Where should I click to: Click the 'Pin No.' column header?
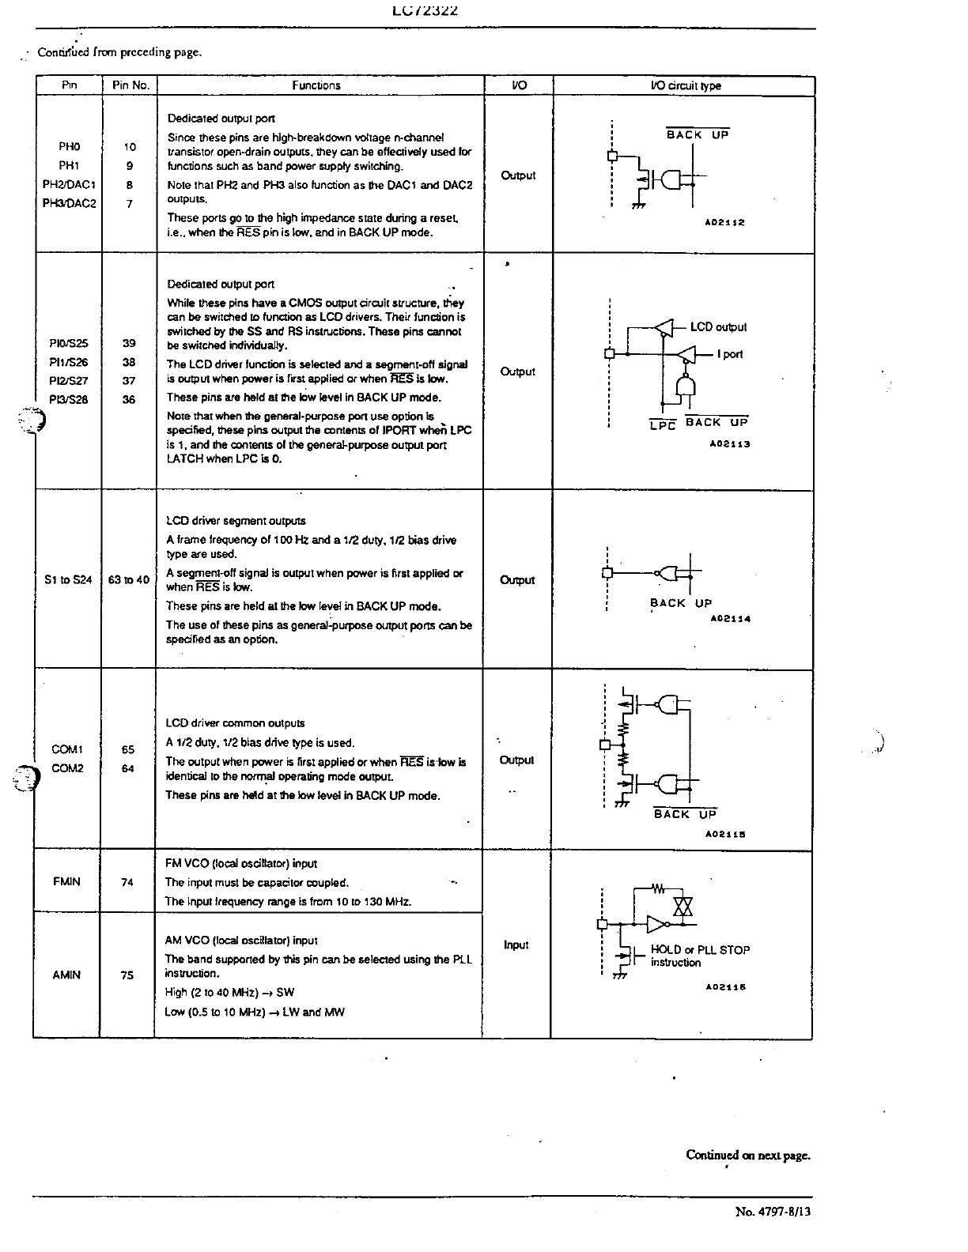click(130, 85)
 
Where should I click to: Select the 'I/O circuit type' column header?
click(685, 85)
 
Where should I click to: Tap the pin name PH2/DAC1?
click(69, 185)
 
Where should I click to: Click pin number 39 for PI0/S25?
click(129, 343)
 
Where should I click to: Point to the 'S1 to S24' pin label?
click(68, 579)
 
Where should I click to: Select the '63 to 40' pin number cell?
click(128, 579)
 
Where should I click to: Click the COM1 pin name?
click(67, 749)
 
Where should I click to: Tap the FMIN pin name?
click(66, 881)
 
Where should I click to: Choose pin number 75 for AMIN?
click(127, 975)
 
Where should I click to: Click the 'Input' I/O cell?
click(516, 945)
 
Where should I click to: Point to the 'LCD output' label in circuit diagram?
click(718, 327)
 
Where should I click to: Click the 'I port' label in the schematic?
click(730, 354)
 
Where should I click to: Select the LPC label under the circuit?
click(662, 425)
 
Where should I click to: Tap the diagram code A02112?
click(725, 223)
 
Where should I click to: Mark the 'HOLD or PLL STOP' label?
click(700, 950)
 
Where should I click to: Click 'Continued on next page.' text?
click(748, 1155)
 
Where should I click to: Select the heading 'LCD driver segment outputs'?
click(236, 521)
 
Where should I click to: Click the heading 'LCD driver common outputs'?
click(235, 723)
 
